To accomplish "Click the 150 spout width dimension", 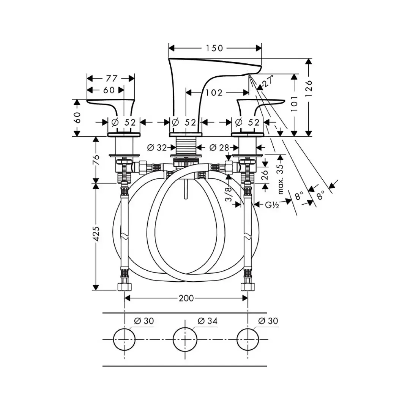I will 215,48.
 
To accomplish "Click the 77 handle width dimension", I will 111,79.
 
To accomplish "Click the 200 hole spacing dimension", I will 186,298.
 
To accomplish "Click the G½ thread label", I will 272,205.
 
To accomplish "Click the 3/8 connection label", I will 229,194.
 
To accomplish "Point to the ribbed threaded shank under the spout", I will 186,147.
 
